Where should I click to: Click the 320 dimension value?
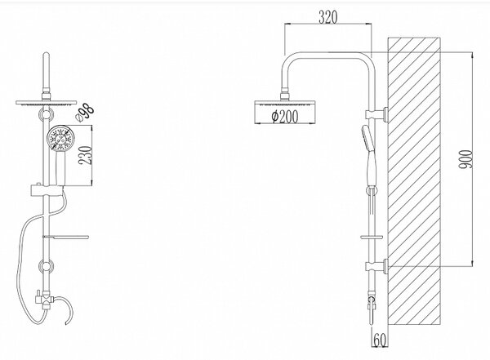pos(328,17)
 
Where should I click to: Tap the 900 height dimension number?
pos(465,159)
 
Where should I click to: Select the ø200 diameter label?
pos(285,117)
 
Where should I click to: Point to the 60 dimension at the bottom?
pos(380,340)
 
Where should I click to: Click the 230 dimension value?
pos(85,155)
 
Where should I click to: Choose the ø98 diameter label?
pos(85,113)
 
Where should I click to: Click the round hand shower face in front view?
pos(61,138)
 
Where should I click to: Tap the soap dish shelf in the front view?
pos(66,237)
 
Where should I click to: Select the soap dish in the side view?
pos(372,238)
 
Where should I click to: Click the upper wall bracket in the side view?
pos(377,114)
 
